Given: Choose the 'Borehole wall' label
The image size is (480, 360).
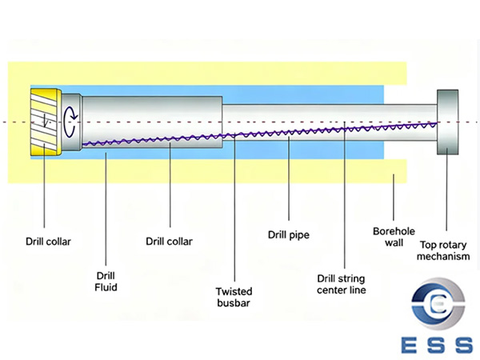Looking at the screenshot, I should (393, 237).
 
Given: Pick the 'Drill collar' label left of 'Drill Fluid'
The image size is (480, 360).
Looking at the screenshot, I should (45, 240).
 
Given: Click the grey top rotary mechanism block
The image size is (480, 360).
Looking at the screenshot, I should (448, 122).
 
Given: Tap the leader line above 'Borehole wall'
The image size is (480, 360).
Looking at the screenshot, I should (393, 200).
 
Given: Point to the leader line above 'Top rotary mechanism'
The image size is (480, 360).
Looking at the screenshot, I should (446, 192).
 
